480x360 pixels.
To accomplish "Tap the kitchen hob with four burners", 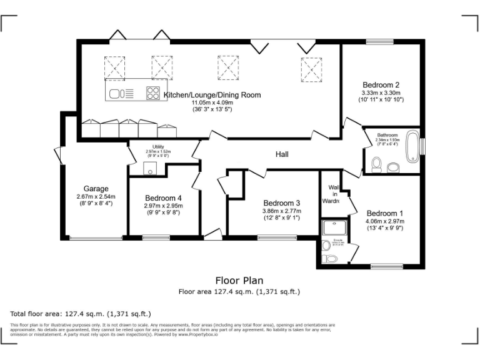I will (x=152, y=94).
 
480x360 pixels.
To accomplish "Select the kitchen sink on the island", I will (x=116, y=94).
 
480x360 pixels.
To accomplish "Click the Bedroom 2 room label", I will (x=381, y=85).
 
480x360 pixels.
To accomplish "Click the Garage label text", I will (x=96, y=189).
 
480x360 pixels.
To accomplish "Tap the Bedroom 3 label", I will (x=281, y=203).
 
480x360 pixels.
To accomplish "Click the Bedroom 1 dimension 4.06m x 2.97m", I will (x=384, y=221).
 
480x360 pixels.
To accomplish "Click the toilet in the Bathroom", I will (x=376, y=164).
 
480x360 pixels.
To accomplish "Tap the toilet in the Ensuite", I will (x=327, y=257).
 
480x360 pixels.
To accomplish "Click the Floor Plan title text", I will (x=239, y=281).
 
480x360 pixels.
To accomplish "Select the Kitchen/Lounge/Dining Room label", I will (x=212, y=95).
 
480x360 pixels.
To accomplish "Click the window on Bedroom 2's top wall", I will (x=380, y=43).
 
